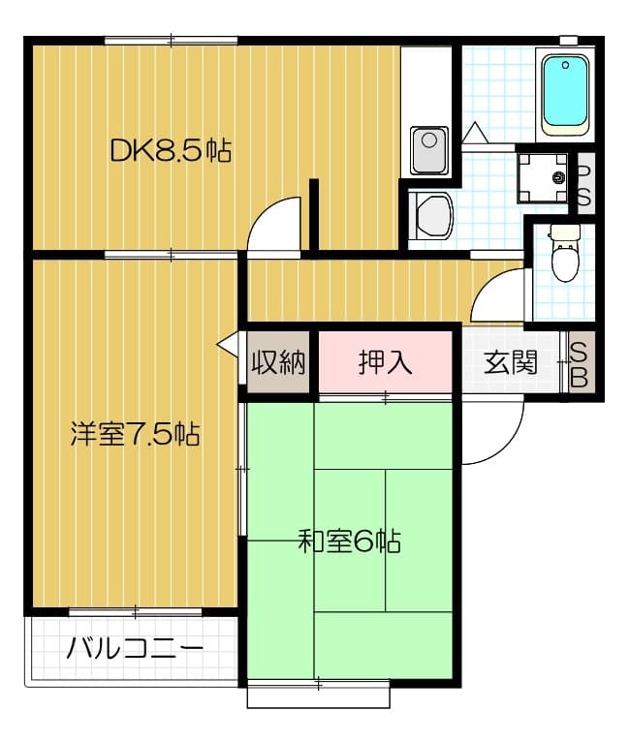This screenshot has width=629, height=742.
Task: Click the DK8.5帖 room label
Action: tap(170, 150)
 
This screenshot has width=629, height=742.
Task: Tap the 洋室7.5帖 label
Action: tap(135, 434)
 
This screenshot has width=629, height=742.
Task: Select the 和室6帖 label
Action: tap(349, 541)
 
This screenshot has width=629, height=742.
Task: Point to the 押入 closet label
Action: tap(386, 362)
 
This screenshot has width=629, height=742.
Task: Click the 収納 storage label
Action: tap(279, 362)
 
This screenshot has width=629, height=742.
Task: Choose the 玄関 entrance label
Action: tap(511, 362)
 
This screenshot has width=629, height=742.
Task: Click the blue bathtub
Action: tap(565, 93)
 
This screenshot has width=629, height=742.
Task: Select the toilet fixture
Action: tap(564, 255)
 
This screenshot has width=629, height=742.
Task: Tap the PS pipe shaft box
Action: tap(584, 184)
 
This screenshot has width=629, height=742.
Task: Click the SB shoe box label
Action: tap(578, 363)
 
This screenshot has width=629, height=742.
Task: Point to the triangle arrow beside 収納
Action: tap(229, 344)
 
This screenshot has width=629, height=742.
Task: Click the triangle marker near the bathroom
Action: tap(477, 133)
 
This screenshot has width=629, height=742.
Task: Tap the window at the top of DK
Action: tap(172, 41)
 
